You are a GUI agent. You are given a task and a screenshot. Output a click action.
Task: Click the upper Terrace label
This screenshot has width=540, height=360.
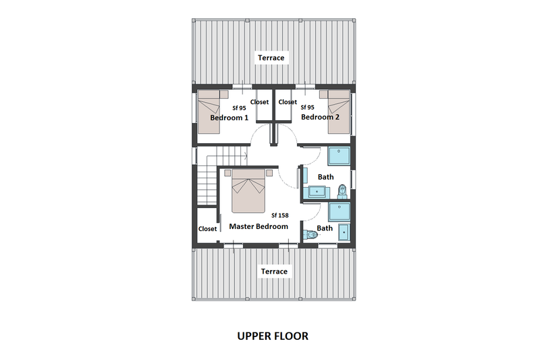272,58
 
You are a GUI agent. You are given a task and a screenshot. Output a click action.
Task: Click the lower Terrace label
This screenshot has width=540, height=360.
273,271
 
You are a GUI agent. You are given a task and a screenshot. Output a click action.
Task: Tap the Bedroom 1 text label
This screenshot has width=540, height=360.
229,118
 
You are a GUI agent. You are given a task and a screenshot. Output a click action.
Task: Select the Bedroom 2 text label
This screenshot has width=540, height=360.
320,117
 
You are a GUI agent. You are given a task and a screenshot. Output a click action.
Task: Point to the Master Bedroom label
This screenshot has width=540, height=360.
259,226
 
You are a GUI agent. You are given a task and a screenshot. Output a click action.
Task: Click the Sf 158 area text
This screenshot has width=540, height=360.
280,215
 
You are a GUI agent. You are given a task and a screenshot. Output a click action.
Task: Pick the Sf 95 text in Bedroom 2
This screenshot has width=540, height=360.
306,107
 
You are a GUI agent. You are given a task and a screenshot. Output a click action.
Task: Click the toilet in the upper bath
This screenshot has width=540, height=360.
344,189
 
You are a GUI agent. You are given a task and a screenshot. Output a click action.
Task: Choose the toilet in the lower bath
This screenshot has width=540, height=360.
310,236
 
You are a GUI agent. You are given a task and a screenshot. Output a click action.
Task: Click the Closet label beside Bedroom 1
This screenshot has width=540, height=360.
259,103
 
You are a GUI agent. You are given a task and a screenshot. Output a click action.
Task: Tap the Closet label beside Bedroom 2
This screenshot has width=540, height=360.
288,103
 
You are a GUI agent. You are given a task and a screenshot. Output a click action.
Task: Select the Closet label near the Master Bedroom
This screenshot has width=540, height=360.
208,228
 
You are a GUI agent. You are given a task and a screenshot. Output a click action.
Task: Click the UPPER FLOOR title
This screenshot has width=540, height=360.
273,336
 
